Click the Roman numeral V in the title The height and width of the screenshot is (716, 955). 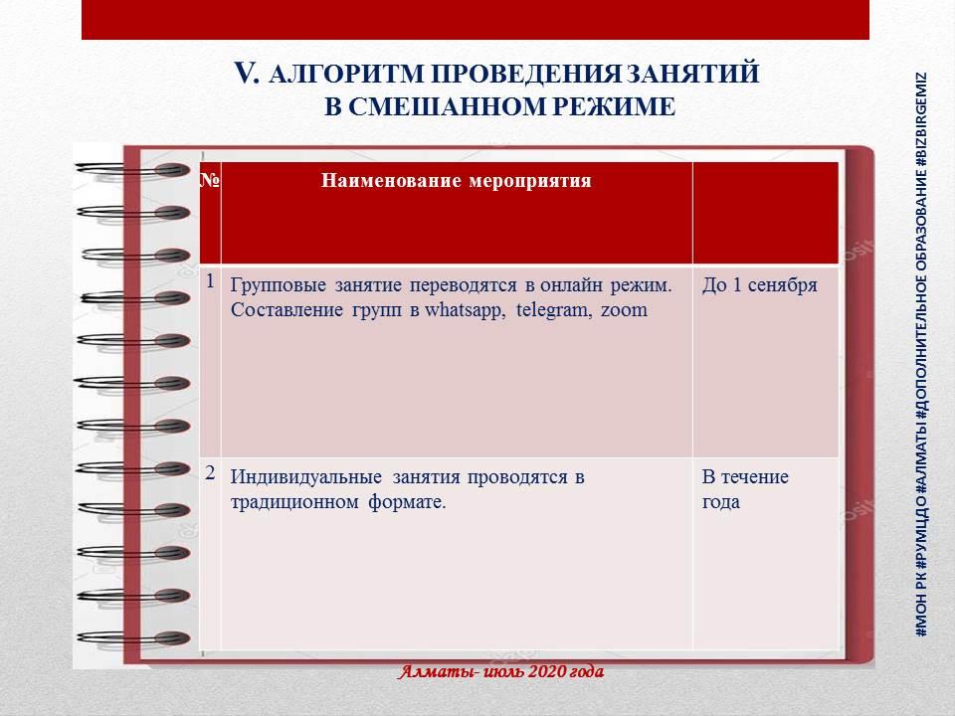[x=247, y=74]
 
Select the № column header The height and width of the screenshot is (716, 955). [x=210, y=181]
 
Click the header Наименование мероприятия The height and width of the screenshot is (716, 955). [x=457, y=181]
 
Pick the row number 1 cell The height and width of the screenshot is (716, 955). [x=210, y=281]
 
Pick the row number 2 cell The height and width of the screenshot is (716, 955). [x=210, y=473]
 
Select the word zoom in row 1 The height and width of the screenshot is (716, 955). [x=625, y=310]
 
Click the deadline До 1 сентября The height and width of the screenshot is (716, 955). [x=759, y=285]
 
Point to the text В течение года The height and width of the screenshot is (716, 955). [x=745, y=489]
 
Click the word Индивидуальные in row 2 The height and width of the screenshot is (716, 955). [x=305, y=477]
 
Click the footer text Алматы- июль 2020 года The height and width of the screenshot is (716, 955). [x=501, y=671]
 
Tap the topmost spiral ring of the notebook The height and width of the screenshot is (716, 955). [x=132, y=170]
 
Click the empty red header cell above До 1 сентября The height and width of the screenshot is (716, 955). [x=766, y=213]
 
